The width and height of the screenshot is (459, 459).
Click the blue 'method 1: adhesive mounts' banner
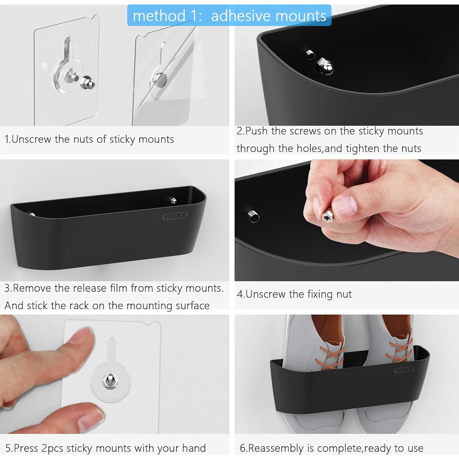[229, 15]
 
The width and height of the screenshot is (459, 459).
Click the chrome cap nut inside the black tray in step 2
[325, 65]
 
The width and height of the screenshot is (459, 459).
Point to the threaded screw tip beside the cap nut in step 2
[310, 55]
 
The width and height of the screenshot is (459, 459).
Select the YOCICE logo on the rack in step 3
[175, 216]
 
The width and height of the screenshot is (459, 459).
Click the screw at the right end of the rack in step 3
[174, 201]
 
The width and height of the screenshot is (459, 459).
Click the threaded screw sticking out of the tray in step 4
[253, 216]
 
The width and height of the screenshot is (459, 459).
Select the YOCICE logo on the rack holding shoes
[404, 370]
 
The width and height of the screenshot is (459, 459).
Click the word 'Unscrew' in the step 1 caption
[32, 139]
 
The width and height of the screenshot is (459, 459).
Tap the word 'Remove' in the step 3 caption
[32, 288]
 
